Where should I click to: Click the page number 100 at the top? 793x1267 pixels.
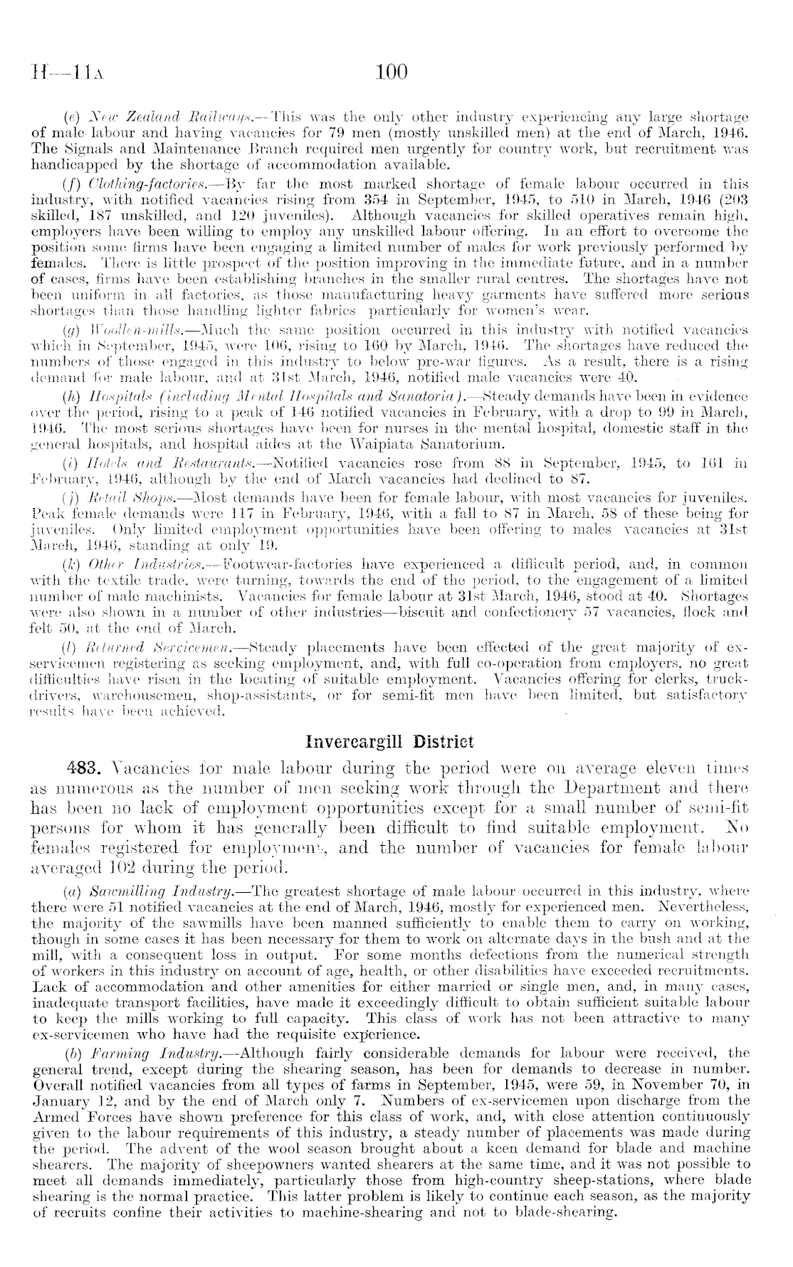coord(391,72)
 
